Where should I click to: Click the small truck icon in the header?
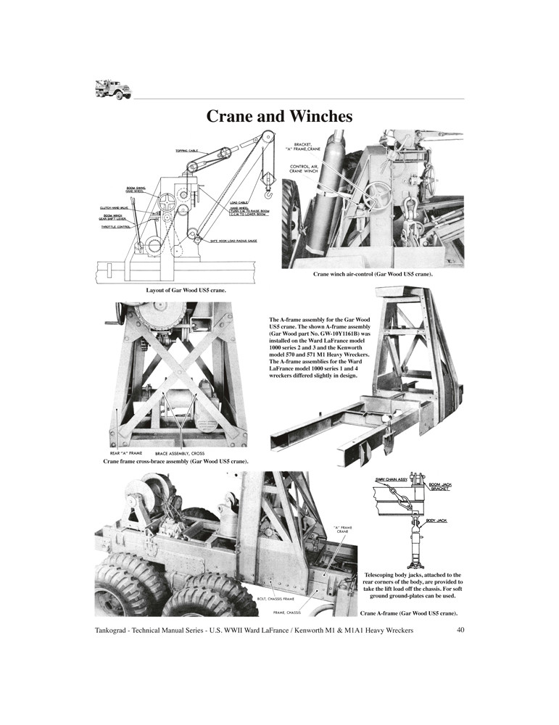click(112, 88)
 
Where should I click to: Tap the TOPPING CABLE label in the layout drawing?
click(186, 151)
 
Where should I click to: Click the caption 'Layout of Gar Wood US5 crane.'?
click(186, 291)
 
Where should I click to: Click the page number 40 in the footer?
click(460, 631)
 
